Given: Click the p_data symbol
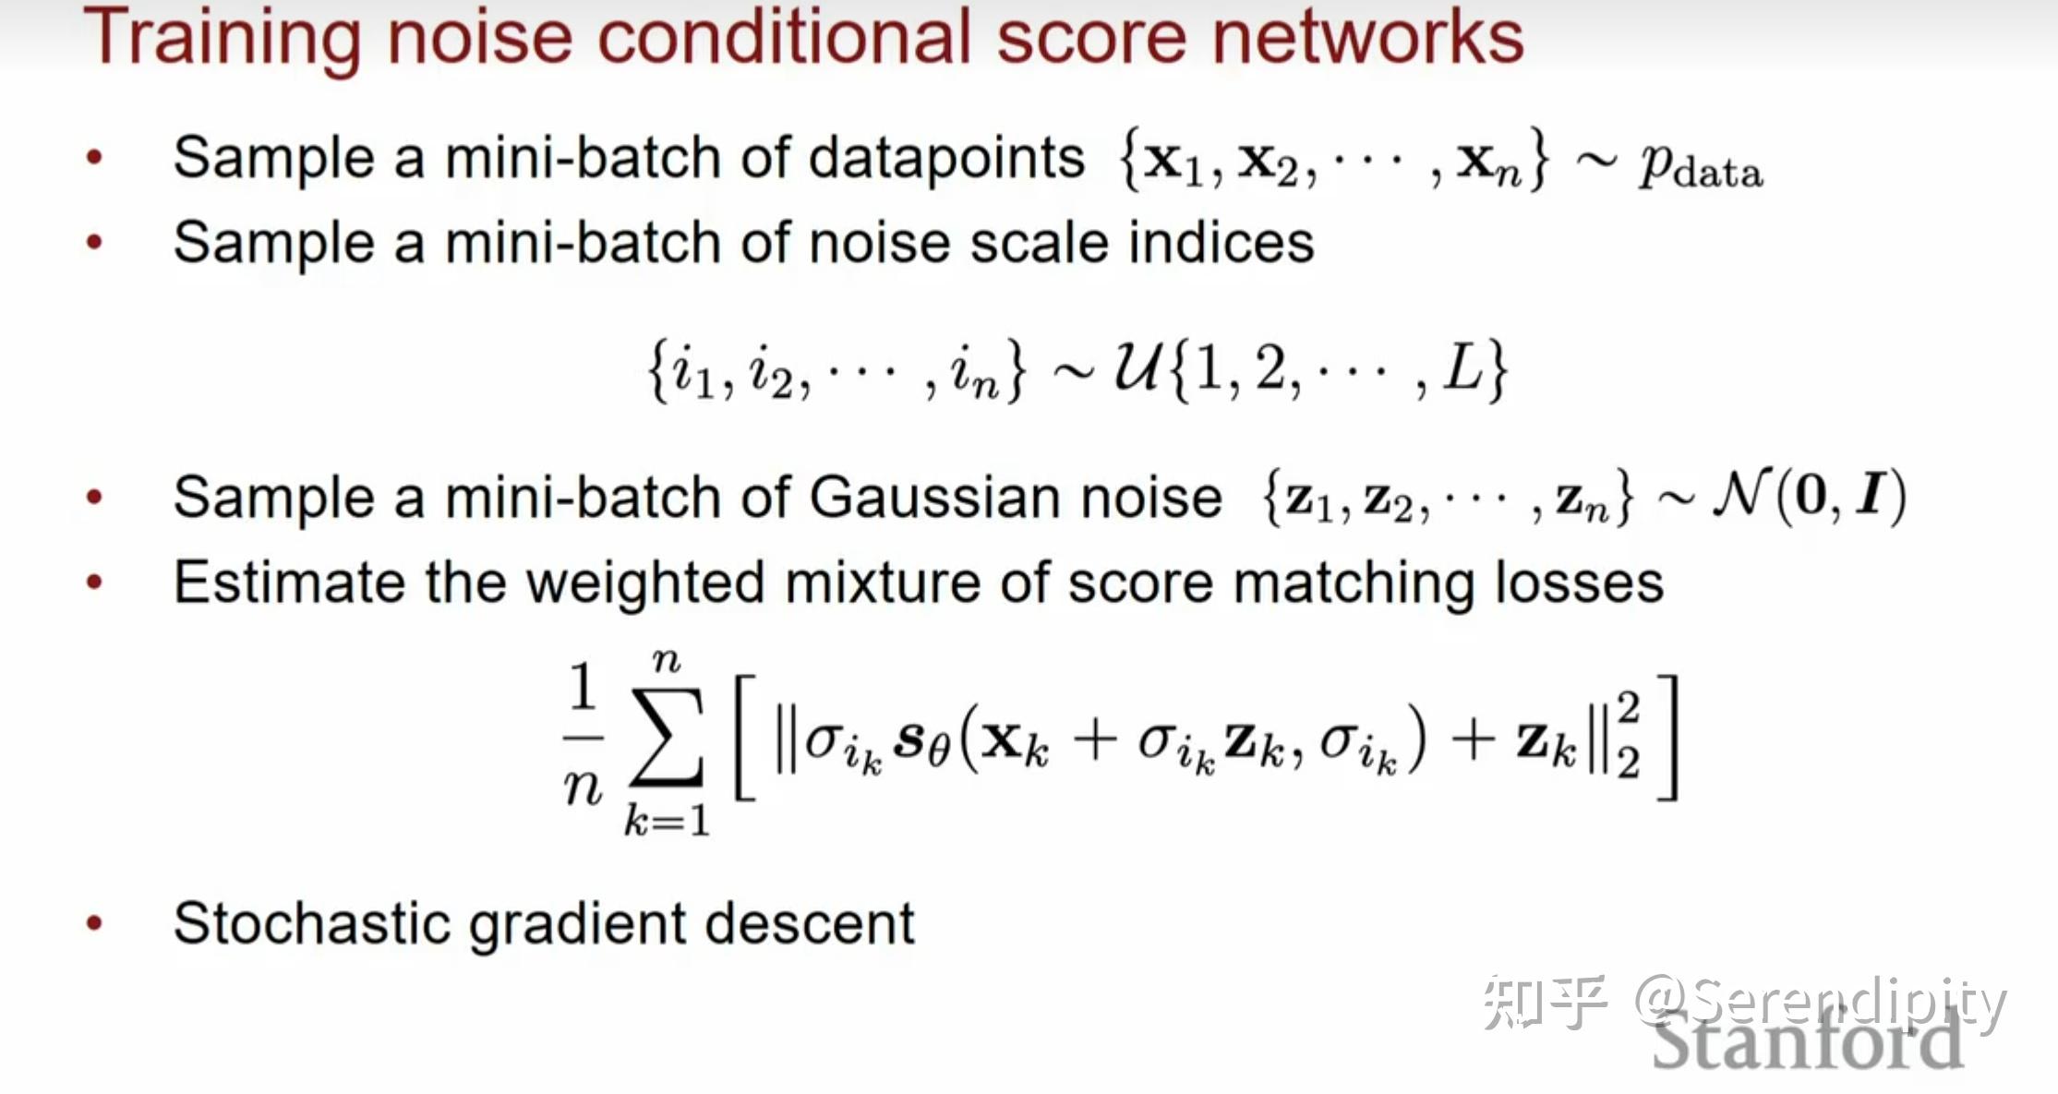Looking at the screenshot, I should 1700,168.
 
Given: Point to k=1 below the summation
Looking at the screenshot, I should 667,820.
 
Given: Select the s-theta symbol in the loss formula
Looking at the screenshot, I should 922,740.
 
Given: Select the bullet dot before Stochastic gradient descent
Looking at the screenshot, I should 94,922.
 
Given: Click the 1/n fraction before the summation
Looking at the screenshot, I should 583,737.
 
